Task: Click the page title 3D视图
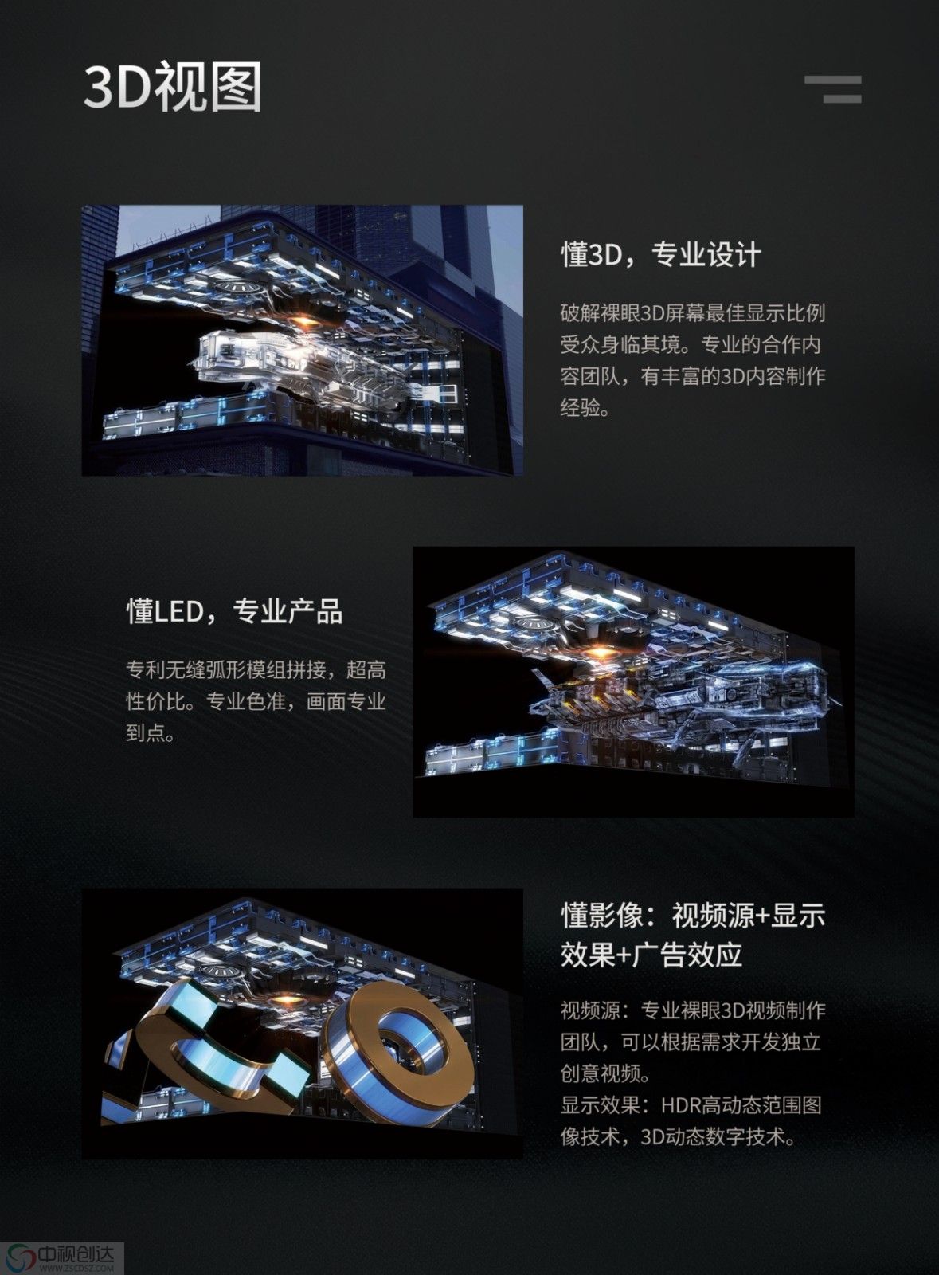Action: point(172,87)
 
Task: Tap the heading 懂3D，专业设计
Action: point(661,254)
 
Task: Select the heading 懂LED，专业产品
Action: point(234,612)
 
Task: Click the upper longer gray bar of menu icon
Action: point(832,80)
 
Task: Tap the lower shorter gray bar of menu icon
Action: point(843,99)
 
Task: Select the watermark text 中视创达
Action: point(76,1253)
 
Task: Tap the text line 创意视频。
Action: point(605,1074)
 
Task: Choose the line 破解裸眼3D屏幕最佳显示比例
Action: point(693,312)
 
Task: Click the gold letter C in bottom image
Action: point(216,1053)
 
